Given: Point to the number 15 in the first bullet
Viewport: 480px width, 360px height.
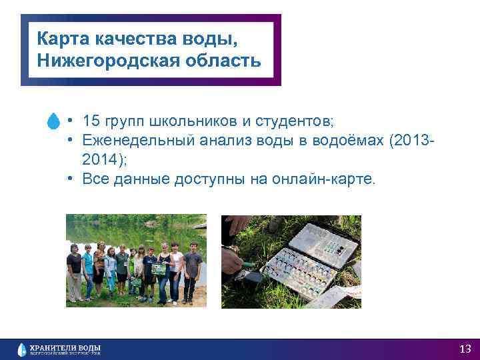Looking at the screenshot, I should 91,121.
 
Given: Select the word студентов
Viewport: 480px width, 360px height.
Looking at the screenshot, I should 292,121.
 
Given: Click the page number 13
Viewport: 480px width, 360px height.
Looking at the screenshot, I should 465,349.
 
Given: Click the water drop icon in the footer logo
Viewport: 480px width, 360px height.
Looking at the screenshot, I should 22,349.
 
